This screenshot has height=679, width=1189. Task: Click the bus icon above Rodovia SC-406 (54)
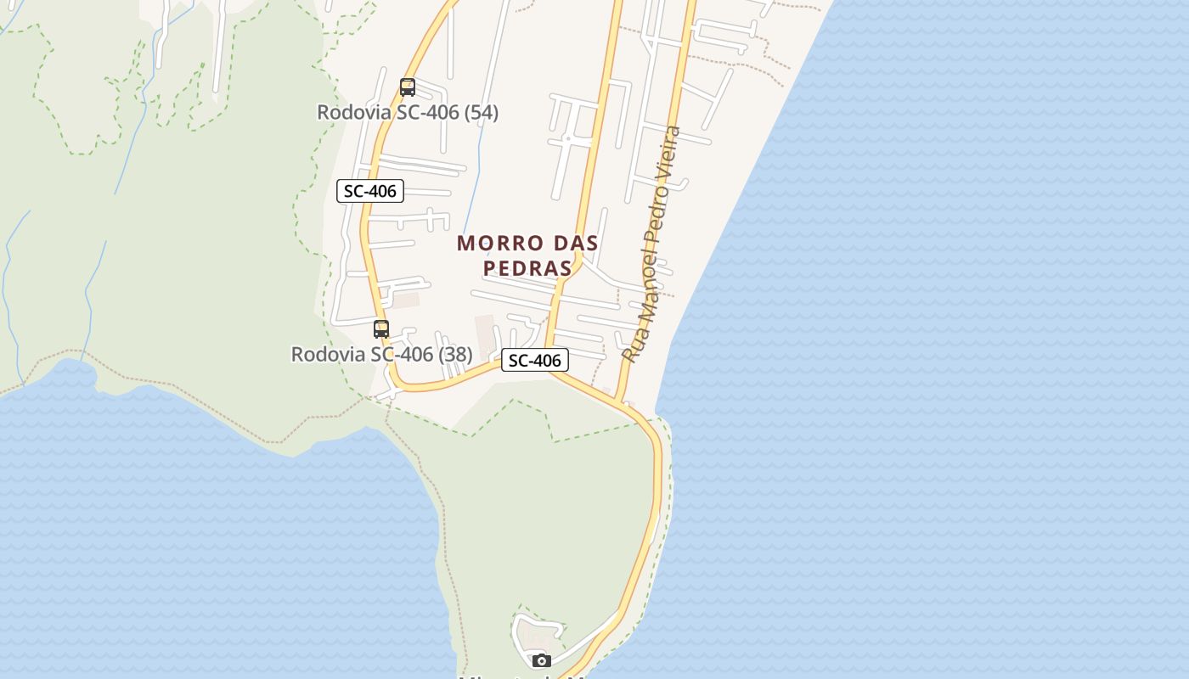[x=408, y=87]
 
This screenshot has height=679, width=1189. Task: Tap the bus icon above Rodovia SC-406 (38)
[x=381, y=329]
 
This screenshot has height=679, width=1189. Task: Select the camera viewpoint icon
[x=541, y=660]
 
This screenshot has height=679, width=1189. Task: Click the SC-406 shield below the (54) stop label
[x=370, y=191]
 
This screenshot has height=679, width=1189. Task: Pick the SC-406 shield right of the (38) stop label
[x=534, y=360]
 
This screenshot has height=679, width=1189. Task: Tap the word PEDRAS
[x=527, y=268]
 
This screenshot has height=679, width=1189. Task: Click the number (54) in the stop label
[x=481, y=112]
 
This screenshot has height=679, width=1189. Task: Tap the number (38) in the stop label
[x=454, y=354]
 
